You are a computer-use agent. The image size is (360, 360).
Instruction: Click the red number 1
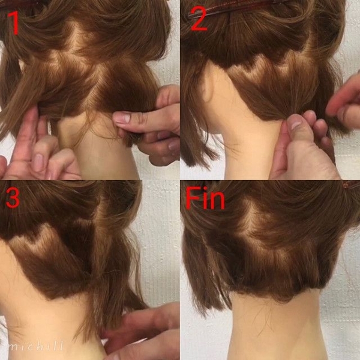click(14, 23)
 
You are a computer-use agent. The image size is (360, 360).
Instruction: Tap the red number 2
click(199, 19)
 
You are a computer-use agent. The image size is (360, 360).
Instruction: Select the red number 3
click(13, 197)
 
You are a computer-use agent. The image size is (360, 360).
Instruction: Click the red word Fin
click(205, 198)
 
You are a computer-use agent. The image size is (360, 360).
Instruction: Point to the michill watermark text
click(35, 346)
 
